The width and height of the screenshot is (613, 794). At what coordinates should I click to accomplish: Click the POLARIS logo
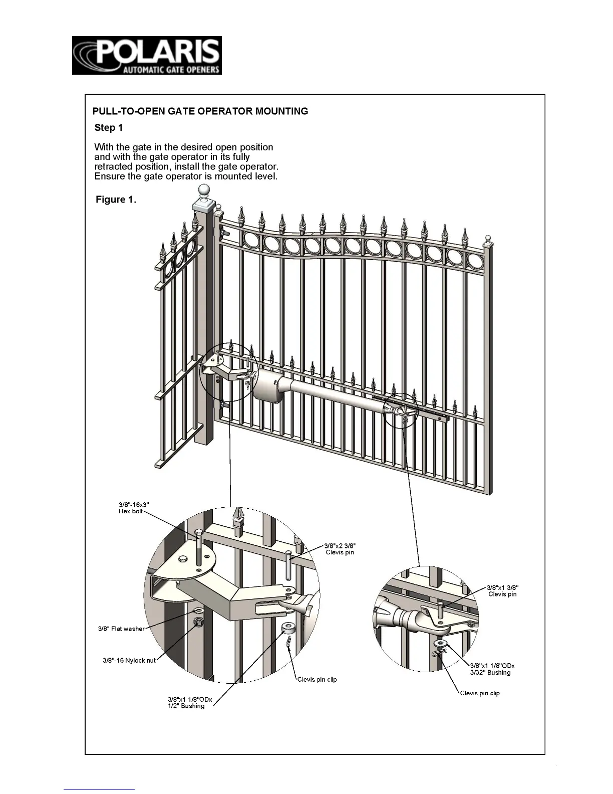click(x=147, y=56)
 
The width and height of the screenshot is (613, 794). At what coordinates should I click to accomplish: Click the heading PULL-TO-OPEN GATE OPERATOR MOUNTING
click(x=200, y=111)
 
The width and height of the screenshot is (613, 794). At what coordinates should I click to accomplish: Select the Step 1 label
click(x=108, y=127)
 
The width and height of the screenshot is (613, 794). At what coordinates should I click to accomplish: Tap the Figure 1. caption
click(x=116, y=200)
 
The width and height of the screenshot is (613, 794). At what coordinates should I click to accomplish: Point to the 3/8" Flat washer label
click(x=121, y=629)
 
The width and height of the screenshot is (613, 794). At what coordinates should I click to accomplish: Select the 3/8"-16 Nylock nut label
click(x=129, y=660)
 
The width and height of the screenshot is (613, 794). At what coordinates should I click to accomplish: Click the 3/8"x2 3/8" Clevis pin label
click(x=340, y=549)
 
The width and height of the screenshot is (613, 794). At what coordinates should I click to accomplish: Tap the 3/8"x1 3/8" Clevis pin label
click(x=502, y=590)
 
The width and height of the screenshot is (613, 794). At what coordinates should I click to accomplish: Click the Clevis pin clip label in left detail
click(x=317, y=680)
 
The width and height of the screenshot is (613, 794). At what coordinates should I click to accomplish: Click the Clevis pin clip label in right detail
click(x=480, y=693)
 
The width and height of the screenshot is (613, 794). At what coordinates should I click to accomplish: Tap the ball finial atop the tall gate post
click(x=203, y=190)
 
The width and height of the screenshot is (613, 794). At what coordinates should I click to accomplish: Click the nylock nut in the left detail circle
click(x=198, y=622)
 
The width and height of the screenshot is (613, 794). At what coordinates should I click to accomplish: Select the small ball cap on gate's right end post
click(x=488, y=239)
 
